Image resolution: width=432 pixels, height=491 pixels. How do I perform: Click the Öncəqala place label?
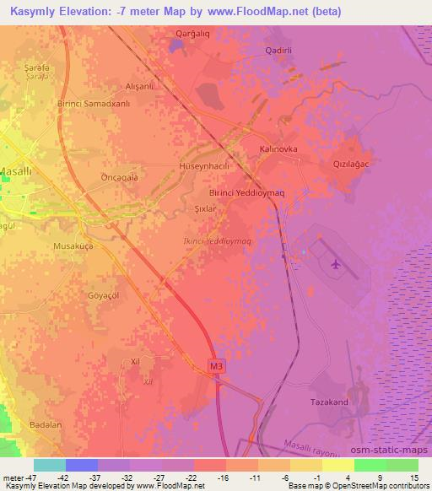pyautogui.click(x=119, y=178)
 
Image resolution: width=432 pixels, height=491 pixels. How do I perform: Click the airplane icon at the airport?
pyautogui.click(x=337, y=264)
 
